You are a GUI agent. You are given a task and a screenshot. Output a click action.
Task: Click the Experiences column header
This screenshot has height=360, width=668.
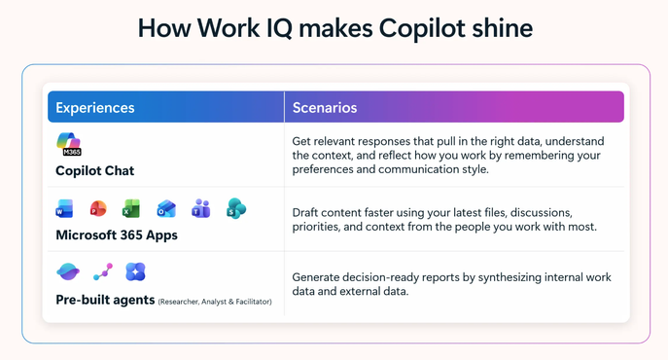[95, 107]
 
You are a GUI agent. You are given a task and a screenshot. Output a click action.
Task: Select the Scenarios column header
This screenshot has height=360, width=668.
[325, 107]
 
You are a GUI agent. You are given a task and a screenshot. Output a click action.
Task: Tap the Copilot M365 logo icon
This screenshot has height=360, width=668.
[69, 144]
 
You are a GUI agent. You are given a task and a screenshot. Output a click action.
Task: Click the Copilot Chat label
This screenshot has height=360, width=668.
[95, 170]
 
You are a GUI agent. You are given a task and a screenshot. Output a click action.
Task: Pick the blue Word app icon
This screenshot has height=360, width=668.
[64, 209]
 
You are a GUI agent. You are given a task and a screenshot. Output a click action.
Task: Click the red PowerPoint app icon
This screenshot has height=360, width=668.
[98, 209]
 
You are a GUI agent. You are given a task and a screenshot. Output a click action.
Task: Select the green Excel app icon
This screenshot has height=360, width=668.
[131, 209]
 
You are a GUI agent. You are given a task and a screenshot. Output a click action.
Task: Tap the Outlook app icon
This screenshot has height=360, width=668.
[166, 209]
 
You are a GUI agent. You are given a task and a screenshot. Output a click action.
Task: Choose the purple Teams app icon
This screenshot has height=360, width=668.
[200, 208]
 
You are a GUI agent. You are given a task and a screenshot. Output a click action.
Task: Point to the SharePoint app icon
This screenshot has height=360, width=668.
[236, 208]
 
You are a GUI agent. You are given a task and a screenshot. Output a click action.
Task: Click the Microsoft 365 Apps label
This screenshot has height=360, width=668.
[117, 235]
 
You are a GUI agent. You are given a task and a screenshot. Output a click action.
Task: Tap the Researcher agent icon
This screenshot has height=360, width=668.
[68, 271]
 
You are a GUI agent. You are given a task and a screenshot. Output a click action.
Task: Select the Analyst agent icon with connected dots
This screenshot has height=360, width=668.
[103, 271]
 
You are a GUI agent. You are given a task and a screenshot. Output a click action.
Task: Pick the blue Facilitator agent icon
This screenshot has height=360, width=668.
[135, 271]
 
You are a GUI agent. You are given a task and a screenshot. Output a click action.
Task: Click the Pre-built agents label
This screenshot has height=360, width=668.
[105, 300]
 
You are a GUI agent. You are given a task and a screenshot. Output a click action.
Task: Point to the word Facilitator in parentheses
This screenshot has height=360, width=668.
[253, 302]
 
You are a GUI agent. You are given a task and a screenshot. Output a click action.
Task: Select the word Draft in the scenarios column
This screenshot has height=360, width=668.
[305, 212]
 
